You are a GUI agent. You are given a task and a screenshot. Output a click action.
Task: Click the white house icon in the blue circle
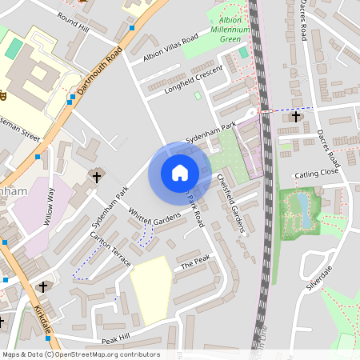pos(179,173)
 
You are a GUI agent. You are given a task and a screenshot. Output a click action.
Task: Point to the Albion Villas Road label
pos(169,49)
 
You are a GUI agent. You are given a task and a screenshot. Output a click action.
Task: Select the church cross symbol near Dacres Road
pos(296,117)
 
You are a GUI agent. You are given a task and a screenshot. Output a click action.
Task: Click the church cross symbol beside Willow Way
pos(97,176)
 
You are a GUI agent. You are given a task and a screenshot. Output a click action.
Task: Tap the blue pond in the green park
pos(303,208)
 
